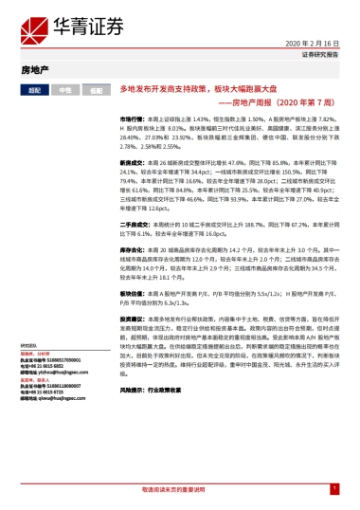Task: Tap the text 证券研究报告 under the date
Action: pyautogui.click(x=319, y=55)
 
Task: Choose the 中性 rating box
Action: pyautogui.click(x=65, y=89)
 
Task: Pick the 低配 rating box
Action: pyautogui.click(x=97, y=89)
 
